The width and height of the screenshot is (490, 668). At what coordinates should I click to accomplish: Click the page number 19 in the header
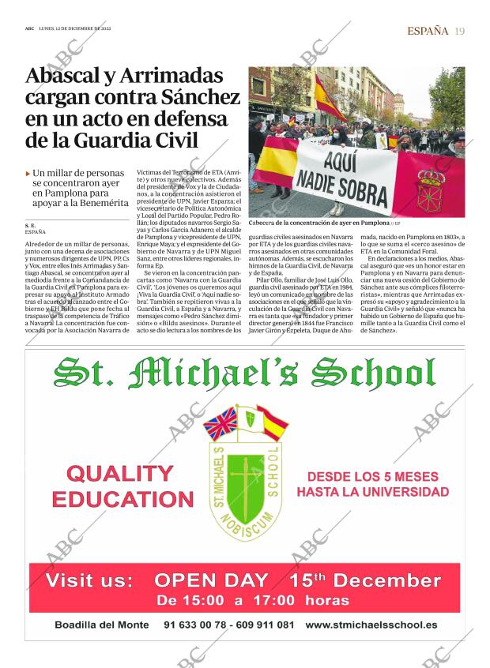(x=460, y=31)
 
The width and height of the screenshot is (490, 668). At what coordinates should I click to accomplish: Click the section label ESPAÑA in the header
(x=428, y=31)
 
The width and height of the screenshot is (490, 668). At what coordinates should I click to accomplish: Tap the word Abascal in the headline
(x=67, y=77)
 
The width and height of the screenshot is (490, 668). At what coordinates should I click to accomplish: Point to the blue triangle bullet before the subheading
(x=28, y=172)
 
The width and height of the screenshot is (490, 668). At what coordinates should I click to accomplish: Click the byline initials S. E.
(x=30, y=226)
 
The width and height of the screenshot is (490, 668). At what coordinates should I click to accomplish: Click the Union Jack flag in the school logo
(x=220, y=423)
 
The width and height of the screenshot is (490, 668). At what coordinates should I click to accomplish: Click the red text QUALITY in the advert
(x=120, y=474)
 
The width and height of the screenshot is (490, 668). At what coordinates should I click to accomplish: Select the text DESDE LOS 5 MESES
(x=372, y=477)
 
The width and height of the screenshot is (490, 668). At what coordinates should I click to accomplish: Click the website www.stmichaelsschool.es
(x=371, y=625)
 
